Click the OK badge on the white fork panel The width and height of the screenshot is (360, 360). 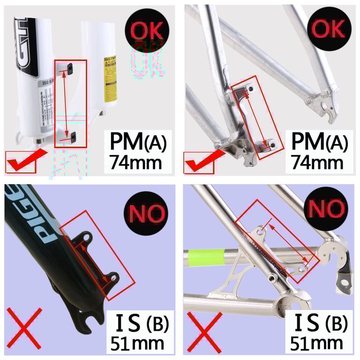[147, 29]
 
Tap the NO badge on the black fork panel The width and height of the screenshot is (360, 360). [147, 213]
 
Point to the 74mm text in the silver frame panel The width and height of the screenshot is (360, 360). [317, 162]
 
